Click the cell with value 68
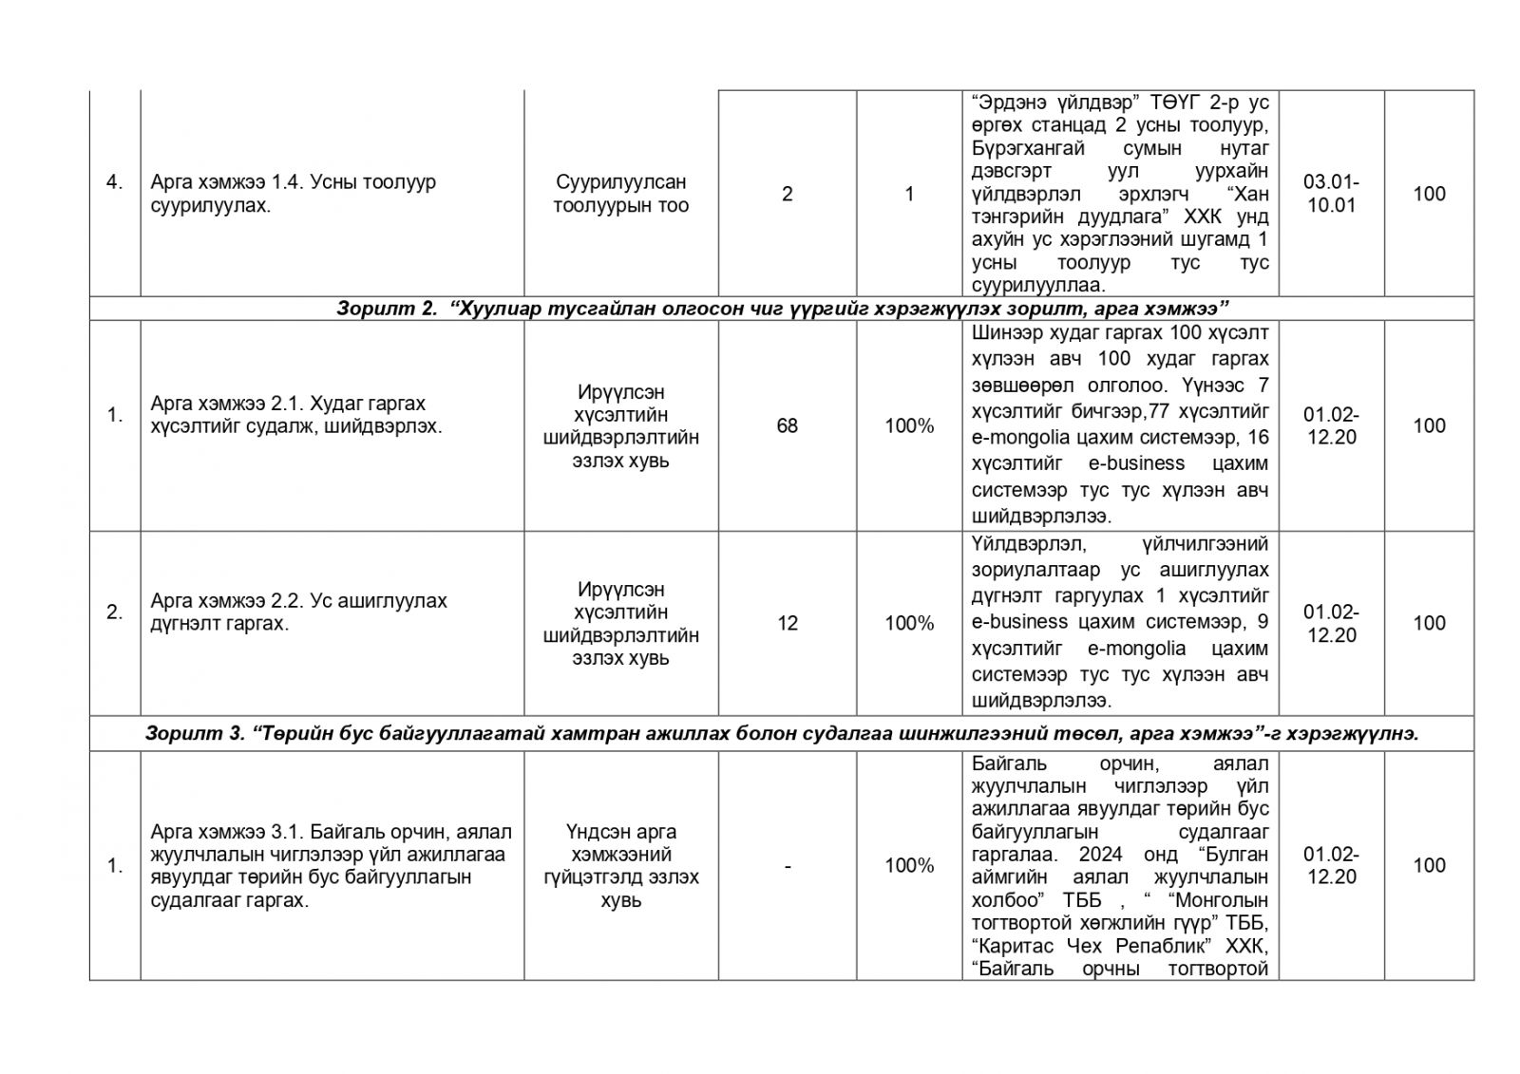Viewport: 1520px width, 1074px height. click(x=787, y=425)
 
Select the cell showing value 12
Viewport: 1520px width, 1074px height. click(x=787, y=623)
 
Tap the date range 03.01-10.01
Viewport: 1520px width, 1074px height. click(x=1331, y=194)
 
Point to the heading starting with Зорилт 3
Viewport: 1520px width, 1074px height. click(x=782, y=733)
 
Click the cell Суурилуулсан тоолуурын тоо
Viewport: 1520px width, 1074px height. click(x=621, y=194)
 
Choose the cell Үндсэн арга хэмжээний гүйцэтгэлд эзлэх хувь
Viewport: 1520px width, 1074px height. click(x=621, y=865)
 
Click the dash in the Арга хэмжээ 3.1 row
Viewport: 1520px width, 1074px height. click(x=787, y=865)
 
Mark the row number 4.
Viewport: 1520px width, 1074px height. click(x=115, y=182)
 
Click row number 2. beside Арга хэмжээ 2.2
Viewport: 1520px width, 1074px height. click(x=115, y=612)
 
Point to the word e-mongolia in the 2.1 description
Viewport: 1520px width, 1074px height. click(x=1018, y=438)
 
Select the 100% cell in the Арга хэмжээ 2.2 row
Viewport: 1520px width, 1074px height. click(x=909, y=623)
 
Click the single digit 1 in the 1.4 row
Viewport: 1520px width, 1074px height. click(x=909, y=194)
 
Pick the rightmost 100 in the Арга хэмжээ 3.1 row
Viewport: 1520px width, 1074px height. click(x=1429, y=865)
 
